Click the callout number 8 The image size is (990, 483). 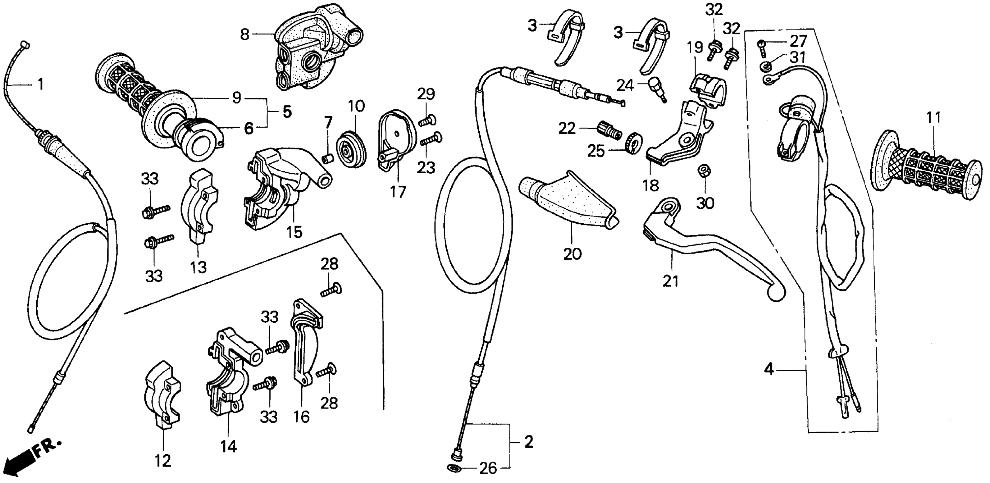[244, 35]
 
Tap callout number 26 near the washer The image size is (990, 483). [488, 469]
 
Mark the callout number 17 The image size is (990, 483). [398, 192]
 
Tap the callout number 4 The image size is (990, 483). [768, 370]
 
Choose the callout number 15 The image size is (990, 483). [295, 232]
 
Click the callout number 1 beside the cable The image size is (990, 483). [40, 84]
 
